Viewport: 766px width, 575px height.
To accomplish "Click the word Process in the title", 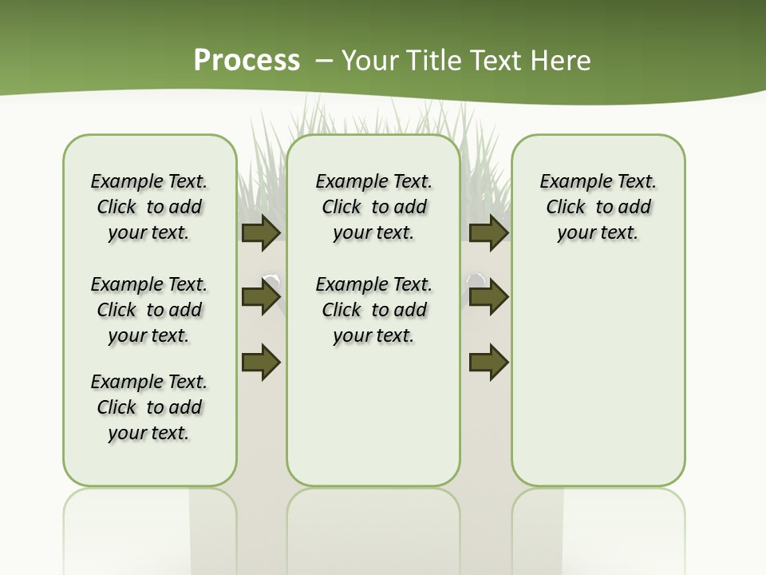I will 247,60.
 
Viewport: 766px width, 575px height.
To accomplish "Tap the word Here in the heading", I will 560,61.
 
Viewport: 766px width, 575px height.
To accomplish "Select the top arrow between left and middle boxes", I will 260,232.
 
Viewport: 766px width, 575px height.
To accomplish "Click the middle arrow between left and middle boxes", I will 260,297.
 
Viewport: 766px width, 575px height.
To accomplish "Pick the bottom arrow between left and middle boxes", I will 260,361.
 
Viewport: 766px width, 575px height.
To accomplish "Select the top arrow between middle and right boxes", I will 488,232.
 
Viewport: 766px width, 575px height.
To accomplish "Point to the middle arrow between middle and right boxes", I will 488,297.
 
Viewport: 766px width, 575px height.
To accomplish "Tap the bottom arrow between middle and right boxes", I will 488,361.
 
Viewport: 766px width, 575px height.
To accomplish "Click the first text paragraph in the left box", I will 149,207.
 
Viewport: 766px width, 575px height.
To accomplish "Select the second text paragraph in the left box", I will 149,310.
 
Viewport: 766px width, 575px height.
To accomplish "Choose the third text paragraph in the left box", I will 149,407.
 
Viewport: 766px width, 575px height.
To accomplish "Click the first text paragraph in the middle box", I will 373,207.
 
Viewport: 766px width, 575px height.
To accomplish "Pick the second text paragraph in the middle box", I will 373,310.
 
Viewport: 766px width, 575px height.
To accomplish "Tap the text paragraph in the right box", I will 598,207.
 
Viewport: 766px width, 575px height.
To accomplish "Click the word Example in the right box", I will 569,182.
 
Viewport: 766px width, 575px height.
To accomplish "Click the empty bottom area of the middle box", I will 373,423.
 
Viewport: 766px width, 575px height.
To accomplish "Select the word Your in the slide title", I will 369,61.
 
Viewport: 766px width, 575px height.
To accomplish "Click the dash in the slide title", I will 324,61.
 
